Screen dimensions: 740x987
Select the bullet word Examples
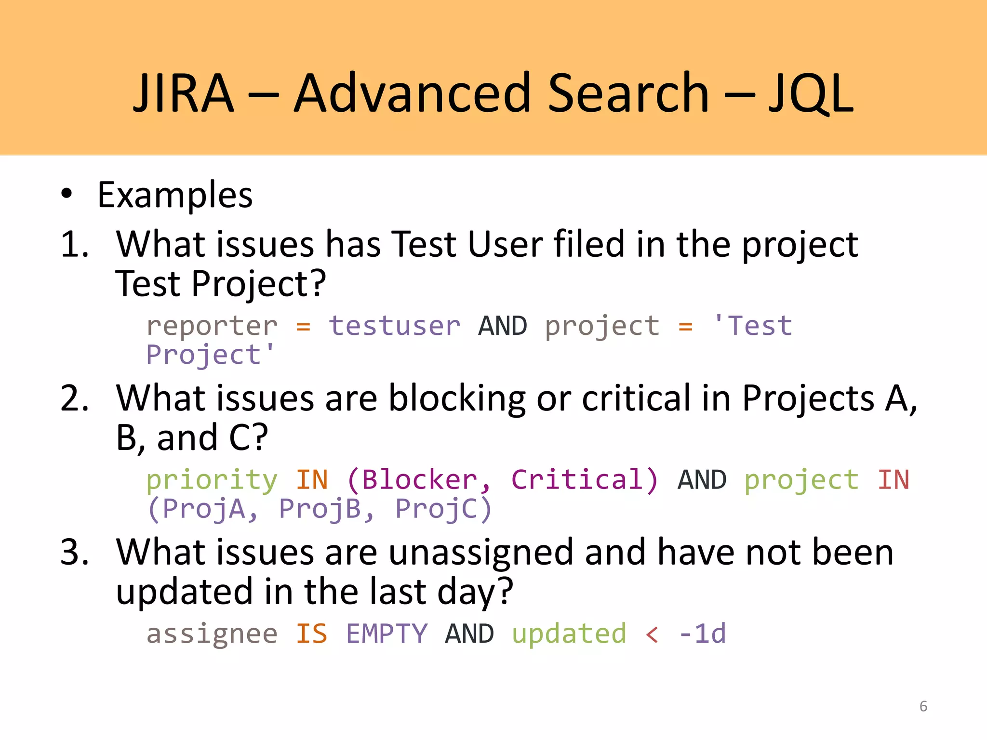click(x=175, y=195)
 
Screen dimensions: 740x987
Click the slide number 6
click(x=923, y=706)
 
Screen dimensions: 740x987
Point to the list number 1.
click(x=75, y=244)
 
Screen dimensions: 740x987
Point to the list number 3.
click(x=75, y=552)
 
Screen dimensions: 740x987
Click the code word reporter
click(x=212, y=326)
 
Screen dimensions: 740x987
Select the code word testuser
click(x=394, y=326)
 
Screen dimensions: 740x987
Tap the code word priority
click(x=212, y=480)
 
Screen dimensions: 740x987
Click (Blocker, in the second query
click(x=418, y=480)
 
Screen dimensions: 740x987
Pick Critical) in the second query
click(x=584, y=480)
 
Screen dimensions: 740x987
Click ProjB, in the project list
click(x=327, y=509)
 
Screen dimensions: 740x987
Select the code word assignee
click(x=212, y=634)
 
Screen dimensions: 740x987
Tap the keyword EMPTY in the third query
click(x=387, y=634)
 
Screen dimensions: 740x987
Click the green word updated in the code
click(x=569, y=634)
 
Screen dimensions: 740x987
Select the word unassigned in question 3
click(x=480, y=553)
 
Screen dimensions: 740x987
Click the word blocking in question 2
click(x=456, y=399)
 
